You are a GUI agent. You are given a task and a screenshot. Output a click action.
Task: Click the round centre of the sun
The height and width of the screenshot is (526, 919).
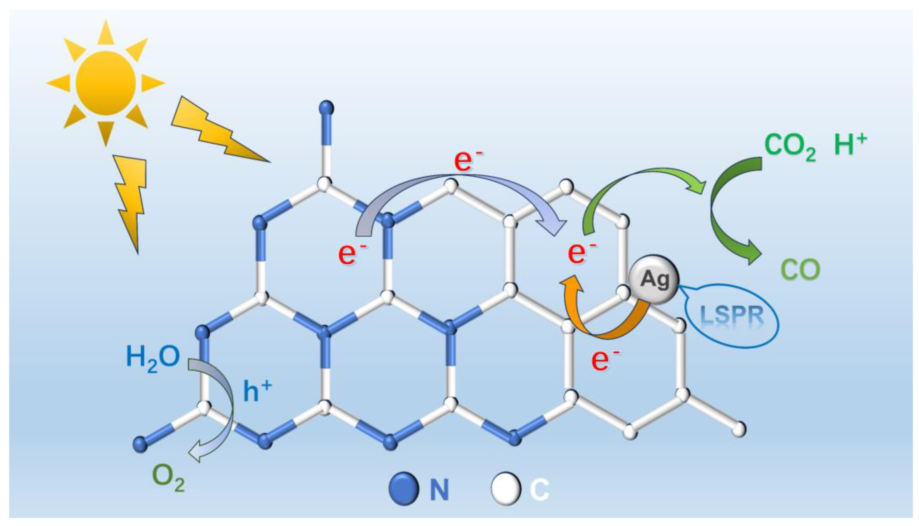105,83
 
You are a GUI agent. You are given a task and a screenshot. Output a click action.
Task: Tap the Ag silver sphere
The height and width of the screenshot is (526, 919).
654,279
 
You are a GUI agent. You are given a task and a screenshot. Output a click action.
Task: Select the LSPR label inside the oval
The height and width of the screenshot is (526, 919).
732,315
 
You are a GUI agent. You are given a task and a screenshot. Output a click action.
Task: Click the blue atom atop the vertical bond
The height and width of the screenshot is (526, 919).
327,108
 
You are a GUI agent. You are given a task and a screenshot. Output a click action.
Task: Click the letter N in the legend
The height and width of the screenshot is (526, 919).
439,489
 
